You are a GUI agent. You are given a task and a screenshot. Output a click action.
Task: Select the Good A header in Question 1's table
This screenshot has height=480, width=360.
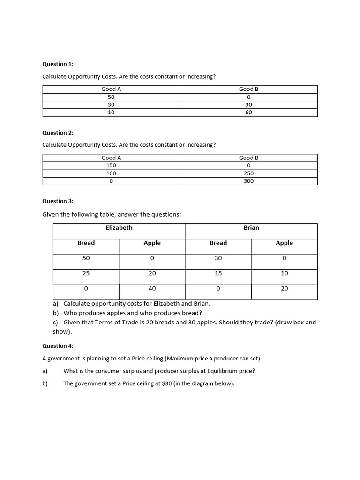pyautogui.click(x=111, y=89)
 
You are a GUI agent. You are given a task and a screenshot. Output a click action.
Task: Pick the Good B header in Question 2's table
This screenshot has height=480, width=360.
pyautogui.click(x=248, y=158)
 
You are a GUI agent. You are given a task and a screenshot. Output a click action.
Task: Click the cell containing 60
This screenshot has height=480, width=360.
pyautogui.click(x=248, y=112)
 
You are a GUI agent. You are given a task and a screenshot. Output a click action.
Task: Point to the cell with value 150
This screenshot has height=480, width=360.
pyautogui.click(x=111, y=165)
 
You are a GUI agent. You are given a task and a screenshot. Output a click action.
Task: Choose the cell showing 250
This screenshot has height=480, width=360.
pyautogui.click(x=248, y=173)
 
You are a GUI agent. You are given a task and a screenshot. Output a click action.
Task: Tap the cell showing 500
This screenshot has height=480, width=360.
pyautogui.click(x=248, y=181)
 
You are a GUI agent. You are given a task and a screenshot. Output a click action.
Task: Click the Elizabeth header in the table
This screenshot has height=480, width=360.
pyautogui.click(x=119, y=228)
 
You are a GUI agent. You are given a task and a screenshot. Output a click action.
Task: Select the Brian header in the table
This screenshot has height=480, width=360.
pyautogui.click(x=251, y=228)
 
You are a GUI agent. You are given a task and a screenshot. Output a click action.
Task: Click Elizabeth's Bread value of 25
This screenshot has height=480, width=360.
pyautogui.click(x=86, y=273)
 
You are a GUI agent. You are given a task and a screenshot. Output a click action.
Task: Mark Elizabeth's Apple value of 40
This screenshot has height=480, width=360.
pyautogui.click(x=152, y=289)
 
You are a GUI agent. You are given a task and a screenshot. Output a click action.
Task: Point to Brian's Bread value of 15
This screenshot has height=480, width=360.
pyautogui.click(x=218, y=273)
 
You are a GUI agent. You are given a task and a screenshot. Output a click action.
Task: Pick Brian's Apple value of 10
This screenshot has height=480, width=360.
pyautogui.click(x=284, y=273)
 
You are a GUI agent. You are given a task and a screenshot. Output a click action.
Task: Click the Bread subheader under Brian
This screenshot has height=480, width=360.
pyautogui.click(x=218, y=243)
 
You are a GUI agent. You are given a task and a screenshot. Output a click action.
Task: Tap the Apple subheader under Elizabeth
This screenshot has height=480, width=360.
pyautogui.click(x=152, y=243)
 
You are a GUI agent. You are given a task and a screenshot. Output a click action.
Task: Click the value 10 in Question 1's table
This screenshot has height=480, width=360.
pyautogui.click(x=111, y=112)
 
